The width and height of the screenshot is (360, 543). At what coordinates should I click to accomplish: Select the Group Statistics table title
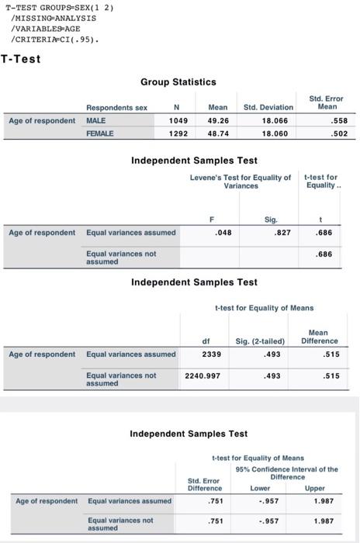click(x=178, y=81)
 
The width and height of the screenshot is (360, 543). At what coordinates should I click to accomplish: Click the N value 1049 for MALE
click(x=178, y=120)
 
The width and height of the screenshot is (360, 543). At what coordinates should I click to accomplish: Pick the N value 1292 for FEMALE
click(x=178, y=133)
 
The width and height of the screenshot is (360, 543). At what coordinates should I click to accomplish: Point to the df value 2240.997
click(x=203, y=375)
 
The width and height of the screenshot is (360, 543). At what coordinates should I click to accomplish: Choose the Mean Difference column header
click(x=320, y=336)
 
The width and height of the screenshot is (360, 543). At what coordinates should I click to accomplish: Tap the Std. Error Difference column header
click(x=206, y=484)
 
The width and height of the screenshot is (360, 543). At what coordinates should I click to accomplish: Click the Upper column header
click(x=315, y=489)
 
